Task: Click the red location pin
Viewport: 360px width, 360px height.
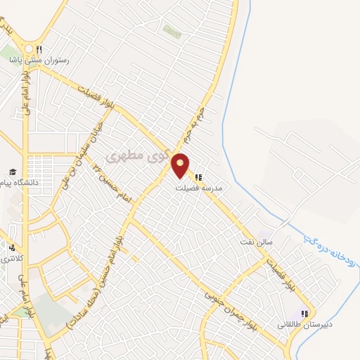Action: (x=181, y=165)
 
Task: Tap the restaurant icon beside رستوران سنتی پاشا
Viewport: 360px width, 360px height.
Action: (x=41, y=49)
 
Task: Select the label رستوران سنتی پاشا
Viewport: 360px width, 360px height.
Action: (x=40, y=61)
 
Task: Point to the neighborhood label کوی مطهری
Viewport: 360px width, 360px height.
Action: (x=134, y=154)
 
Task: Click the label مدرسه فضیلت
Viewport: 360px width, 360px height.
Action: (x=200, y=188)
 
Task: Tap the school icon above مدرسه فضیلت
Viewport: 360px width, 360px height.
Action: (x=200, y=177)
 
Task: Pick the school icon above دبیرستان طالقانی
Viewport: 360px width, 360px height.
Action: (x=304, y=314)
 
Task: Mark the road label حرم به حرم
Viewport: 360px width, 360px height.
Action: (x=193, y=123)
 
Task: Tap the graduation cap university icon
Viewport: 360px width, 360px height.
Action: (x=12, y=172)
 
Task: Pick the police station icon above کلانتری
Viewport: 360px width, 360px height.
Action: (x=12, y=247)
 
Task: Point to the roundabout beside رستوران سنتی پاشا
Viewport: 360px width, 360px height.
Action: (x=29, y=49)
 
